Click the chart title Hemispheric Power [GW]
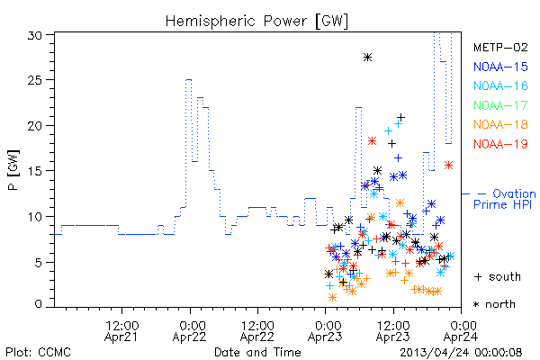256,21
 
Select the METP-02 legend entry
500,47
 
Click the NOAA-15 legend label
500,67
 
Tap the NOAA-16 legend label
500,85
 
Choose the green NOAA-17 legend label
500,105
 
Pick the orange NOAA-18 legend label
500,124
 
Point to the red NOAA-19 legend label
500,144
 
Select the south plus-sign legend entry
498,276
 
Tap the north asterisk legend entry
494,304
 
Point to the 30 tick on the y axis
35,35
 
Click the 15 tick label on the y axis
35,171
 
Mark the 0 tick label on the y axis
39,304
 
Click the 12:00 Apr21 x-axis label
121,331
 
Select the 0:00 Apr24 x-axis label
461,331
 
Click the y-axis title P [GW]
13,170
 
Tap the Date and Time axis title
257,352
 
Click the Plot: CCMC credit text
38,352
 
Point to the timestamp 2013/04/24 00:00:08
461,353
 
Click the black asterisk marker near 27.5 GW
367,58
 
